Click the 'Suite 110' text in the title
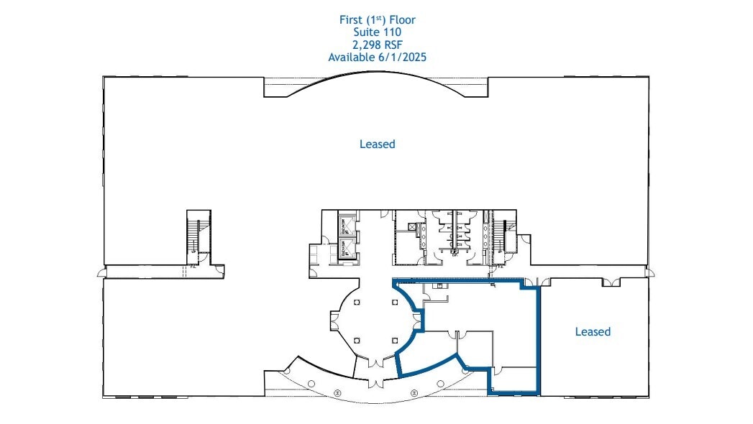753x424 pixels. click(x=377, y=32)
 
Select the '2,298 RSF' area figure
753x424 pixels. click(x=377, y=44)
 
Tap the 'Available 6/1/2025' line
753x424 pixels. click(x=377, y=57)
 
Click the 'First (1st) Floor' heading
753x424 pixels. click(x=377, y=19)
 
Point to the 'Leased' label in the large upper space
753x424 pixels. click(x=377, y=144)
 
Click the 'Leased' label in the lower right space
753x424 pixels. click(x=593, y=331)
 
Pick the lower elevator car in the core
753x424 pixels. click(x=345, y=249)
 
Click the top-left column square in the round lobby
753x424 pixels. click(x=357, y=303)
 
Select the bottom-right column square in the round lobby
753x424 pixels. click(x=394, y=338)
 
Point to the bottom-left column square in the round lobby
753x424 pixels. click(x=357, y=338)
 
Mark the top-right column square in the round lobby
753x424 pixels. click(x=394, y=303)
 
